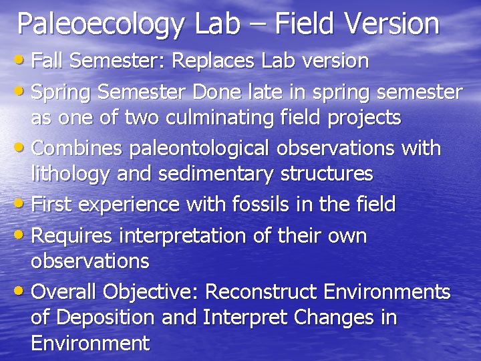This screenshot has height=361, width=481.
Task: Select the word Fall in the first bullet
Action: (47, 61)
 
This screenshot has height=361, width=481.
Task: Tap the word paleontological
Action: (202, 147)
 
